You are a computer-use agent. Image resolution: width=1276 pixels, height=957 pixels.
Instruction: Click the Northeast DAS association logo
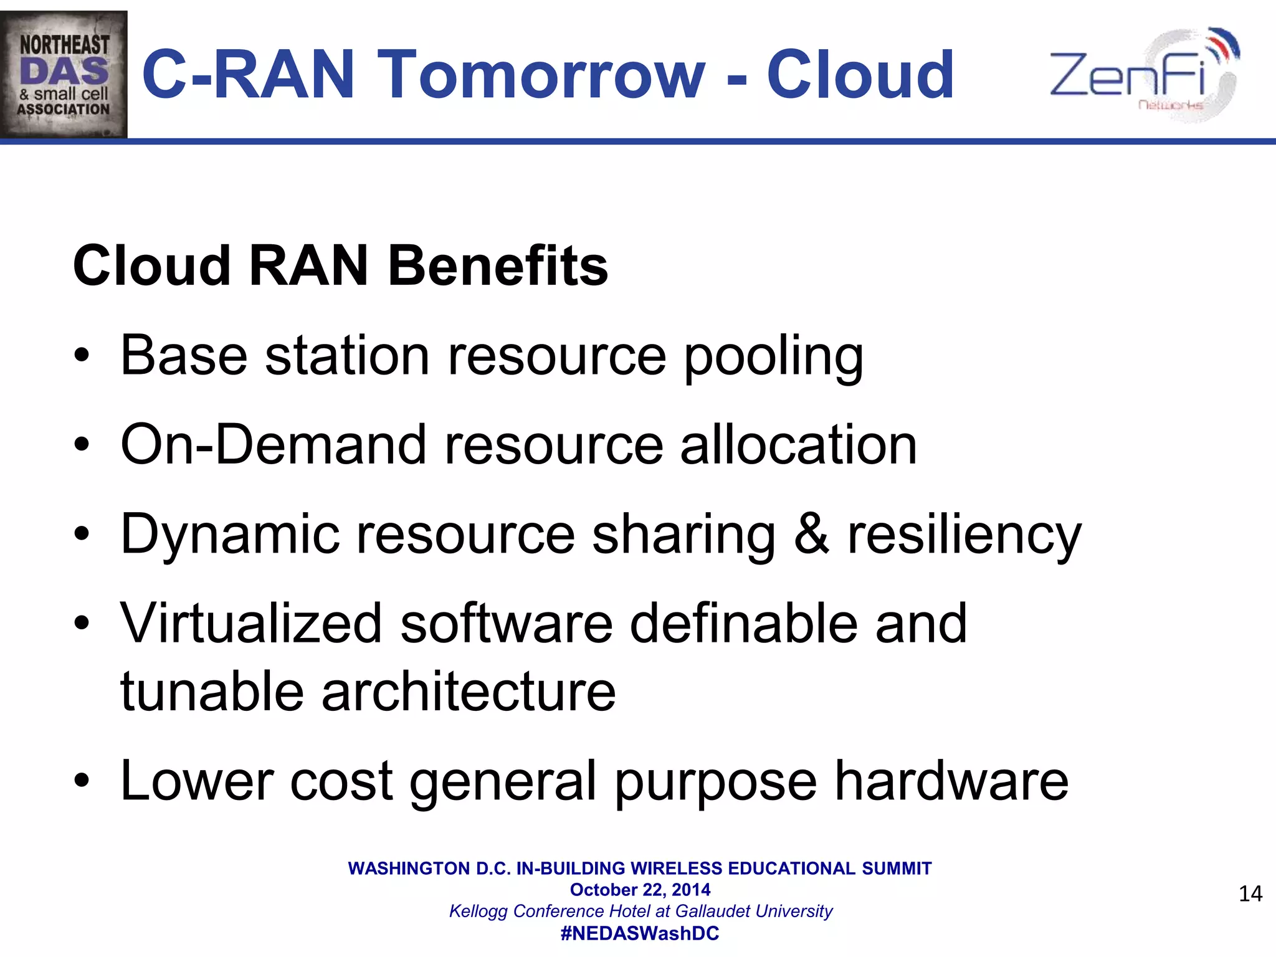click(x=64, y=74)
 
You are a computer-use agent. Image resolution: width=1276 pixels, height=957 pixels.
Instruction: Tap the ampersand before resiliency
click(x=811, y=535)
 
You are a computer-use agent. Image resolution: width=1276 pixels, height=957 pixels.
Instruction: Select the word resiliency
click(x=964, y=535)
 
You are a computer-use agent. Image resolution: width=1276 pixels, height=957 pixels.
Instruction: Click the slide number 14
click(x=1250, y=894)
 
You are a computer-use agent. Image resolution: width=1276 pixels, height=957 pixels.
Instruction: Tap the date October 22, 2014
click(x=640, y=890)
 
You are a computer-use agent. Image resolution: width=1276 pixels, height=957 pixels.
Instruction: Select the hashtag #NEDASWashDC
click(x=640, y=933)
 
